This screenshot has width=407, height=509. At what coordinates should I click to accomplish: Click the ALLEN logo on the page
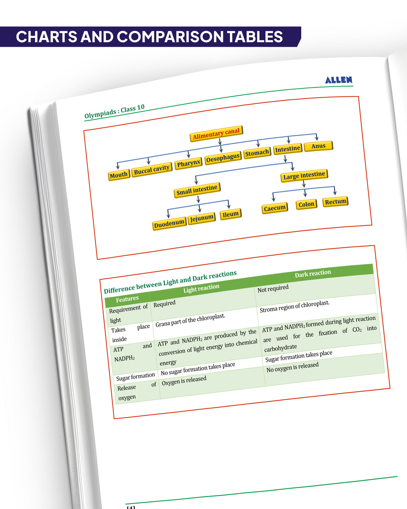pyautogui.click(x=339, y=80)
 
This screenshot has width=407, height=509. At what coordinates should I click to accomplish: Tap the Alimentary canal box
pyautogui.click(x=216, y=134)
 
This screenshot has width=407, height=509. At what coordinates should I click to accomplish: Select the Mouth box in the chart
pyautogui.click(x=118, y=175)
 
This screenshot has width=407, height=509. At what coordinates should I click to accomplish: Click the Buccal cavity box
pyautogui.click(x=151, y=169)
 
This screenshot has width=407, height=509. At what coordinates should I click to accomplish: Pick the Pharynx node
pyautogui.click(x=188, y=163)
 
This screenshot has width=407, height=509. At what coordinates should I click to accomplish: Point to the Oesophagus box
pyautogui.click(x=223, y=158)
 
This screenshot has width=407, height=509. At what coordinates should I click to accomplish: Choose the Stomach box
pyautogui.click(x=257, y=153)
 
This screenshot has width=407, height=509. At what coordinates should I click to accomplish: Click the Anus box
pyautogui.click(x=318, y=146)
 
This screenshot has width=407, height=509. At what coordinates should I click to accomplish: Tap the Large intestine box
pyautogui.click(x=304, y=176)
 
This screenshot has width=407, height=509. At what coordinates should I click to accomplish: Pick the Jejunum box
pyautogui.click(x=202, y=219)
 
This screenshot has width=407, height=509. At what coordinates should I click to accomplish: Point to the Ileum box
pyautogui.click(x=230, y=214)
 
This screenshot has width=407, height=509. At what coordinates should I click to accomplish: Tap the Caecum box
pyautogui.click(x=275, y=208)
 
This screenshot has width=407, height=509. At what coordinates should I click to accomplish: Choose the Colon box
pyautogui.click(x=306, y=204)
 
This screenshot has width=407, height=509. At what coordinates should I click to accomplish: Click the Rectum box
pyautogui.click(x=335, y=202)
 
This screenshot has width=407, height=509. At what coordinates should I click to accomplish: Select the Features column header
pyautogui.click(x=127, y=299)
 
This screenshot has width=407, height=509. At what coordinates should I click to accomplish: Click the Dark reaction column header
pyautogui.click(x=313, y=273)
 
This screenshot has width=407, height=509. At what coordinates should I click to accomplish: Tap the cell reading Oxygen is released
pyautogui.click(x=184, y=381)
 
